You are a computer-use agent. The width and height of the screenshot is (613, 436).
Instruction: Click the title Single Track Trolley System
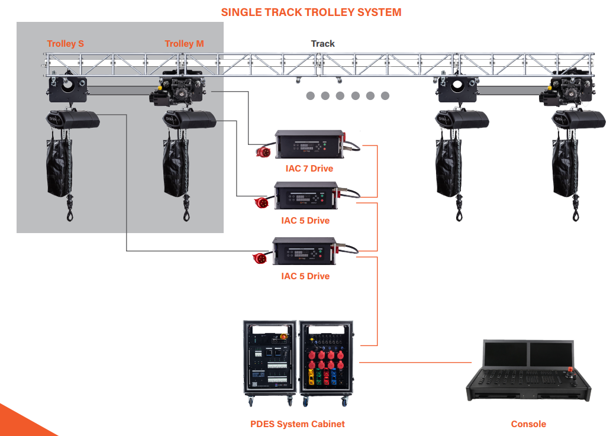pyautogui.click(x=311, y=12)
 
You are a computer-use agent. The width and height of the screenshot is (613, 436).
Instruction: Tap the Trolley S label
pyautogui.click(x=65, y=44)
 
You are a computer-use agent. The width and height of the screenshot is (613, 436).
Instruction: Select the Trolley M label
pyautogui.click(x=184, y=44)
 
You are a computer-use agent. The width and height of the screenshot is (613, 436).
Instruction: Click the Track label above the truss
pyautogui.click(x=322, y=44)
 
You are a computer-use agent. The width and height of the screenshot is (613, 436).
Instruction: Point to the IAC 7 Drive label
pyautogui.click(x=309, y=169)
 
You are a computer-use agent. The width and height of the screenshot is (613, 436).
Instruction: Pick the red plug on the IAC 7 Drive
pyautogui.click(x=262, y=152)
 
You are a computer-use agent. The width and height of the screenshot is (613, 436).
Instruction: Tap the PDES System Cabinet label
pyautogui.click(x=297, y=424)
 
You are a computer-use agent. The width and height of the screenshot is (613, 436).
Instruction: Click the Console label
pyautogui.click(x=528, y=424)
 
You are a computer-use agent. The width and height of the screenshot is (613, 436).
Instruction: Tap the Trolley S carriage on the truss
pyautogui.click(x=67, y=89)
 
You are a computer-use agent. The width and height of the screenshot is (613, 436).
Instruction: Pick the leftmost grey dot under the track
pyautogui.click(x=310, y=96)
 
